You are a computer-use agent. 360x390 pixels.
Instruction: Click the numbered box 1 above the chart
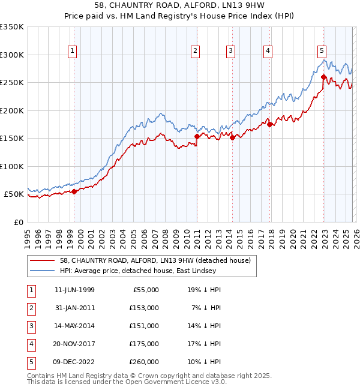click(71, 52)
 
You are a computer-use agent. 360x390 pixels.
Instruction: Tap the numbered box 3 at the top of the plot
click(230, 52)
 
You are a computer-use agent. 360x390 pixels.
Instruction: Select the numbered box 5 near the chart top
click(322, 52)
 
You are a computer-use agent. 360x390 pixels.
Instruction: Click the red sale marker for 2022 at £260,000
click(323, 77)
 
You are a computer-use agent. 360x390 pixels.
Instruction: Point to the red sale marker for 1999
click(74, 191)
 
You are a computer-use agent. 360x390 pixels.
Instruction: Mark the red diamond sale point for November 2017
click(270, 124)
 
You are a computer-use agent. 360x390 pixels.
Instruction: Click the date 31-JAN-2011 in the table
click(74, 307)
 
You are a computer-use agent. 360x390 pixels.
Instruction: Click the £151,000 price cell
click(143, 326)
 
